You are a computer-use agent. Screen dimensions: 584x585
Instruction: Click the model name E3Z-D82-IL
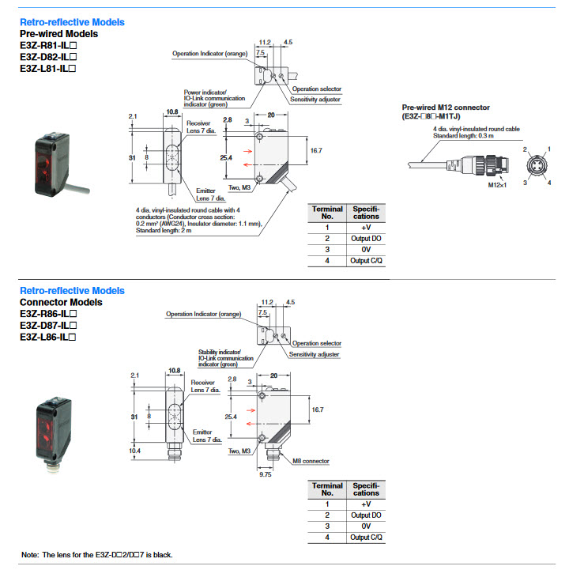click(48, 57)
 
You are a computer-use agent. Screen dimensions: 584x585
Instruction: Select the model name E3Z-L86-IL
click(47, 337)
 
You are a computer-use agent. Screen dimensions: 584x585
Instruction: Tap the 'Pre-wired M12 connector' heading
click(446, 108)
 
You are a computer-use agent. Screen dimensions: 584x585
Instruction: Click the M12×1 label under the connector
click(497, 185)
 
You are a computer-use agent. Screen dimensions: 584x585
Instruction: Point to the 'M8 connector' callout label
click(311, 461)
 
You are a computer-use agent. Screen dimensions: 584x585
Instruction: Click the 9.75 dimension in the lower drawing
click(266, 474)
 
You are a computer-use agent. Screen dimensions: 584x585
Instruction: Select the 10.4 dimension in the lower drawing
click(134, 451)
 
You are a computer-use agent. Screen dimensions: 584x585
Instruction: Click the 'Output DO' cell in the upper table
click(366, 239)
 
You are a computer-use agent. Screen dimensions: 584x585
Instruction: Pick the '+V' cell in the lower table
click(366, 504)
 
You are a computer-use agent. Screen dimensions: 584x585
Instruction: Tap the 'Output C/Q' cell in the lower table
click(366, 538)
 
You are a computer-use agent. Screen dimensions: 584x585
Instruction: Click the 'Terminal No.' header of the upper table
click(327, 213)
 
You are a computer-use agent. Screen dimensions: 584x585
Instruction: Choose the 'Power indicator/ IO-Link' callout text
click(214, 98)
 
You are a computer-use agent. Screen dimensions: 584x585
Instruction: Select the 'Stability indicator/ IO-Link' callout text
click(226, 358)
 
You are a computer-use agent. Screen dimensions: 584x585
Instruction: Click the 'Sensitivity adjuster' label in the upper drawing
click(315, 100)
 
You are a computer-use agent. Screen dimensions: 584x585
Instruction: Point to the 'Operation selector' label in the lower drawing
click(317, 343)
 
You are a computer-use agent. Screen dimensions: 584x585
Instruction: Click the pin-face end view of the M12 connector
click(537, 165)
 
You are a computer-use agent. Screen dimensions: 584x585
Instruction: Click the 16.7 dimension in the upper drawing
click(316, 151)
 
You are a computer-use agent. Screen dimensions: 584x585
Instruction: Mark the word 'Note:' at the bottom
click(30, 555)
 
